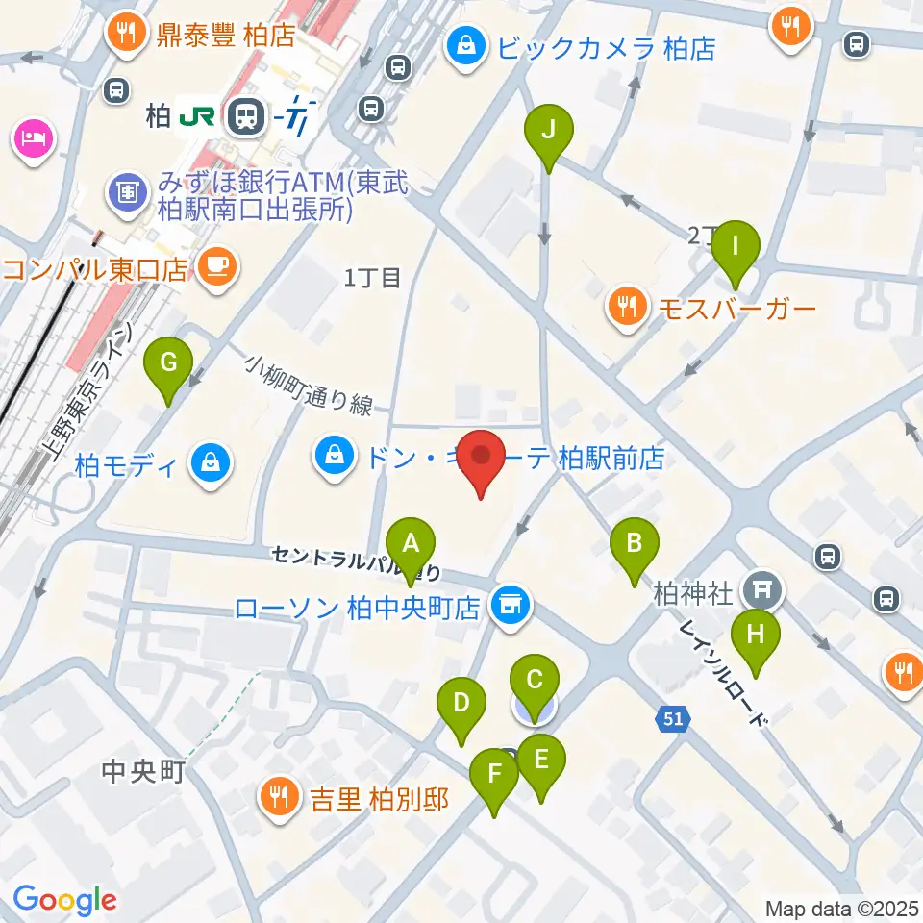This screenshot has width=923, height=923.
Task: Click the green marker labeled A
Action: coord(411,546)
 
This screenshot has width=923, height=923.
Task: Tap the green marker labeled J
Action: coord(548,131)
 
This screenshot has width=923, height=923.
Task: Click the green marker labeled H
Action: coord(756,636)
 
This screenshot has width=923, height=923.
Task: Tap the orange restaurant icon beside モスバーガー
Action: coord(628,307)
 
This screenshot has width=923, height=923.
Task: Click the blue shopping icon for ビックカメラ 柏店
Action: coord(466,45)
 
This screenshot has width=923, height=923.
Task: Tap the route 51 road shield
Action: coord(672,717)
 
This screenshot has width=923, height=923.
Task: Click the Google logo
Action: coord(64,901)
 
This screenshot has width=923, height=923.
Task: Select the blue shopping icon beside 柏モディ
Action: coord(210,463)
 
